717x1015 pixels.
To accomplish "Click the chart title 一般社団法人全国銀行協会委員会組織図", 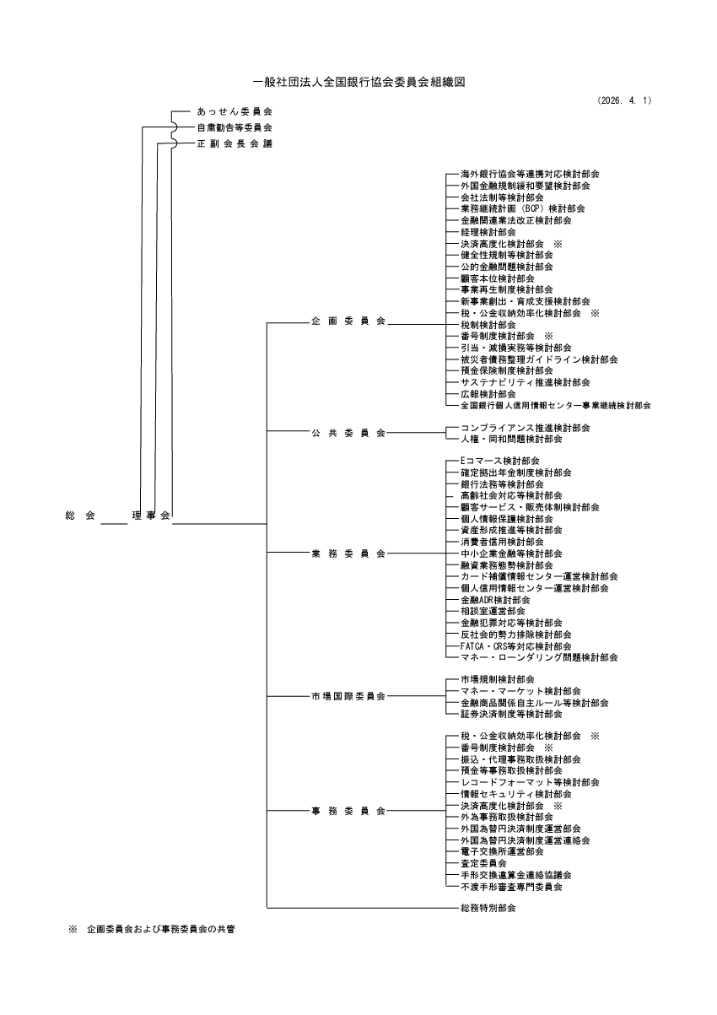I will coord(359,82).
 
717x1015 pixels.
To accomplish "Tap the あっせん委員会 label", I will coord(234,111).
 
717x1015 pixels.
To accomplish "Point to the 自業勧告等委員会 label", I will coord(234,127).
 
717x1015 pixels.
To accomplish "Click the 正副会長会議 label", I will coord(234,143).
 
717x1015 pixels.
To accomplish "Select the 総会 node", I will coord(80,515).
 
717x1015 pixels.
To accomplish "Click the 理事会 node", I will coord(151,515).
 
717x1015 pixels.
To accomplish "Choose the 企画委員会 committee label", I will coord(348,321).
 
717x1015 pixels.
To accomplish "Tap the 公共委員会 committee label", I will coord(348,433).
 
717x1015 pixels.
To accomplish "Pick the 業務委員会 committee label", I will coord(348,553).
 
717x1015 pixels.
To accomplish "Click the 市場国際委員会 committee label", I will coord(348,696).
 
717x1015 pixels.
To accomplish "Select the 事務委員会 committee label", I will coord(348,811).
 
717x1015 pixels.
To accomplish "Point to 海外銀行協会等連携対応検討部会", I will coord(525,173).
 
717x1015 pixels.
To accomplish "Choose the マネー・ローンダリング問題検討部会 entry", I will coord(538,656).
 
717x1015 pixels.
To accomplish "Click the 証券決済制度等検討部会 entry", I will coord(510,714).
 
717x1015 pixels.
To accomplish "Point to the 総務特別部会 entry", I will coord(488,908).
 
